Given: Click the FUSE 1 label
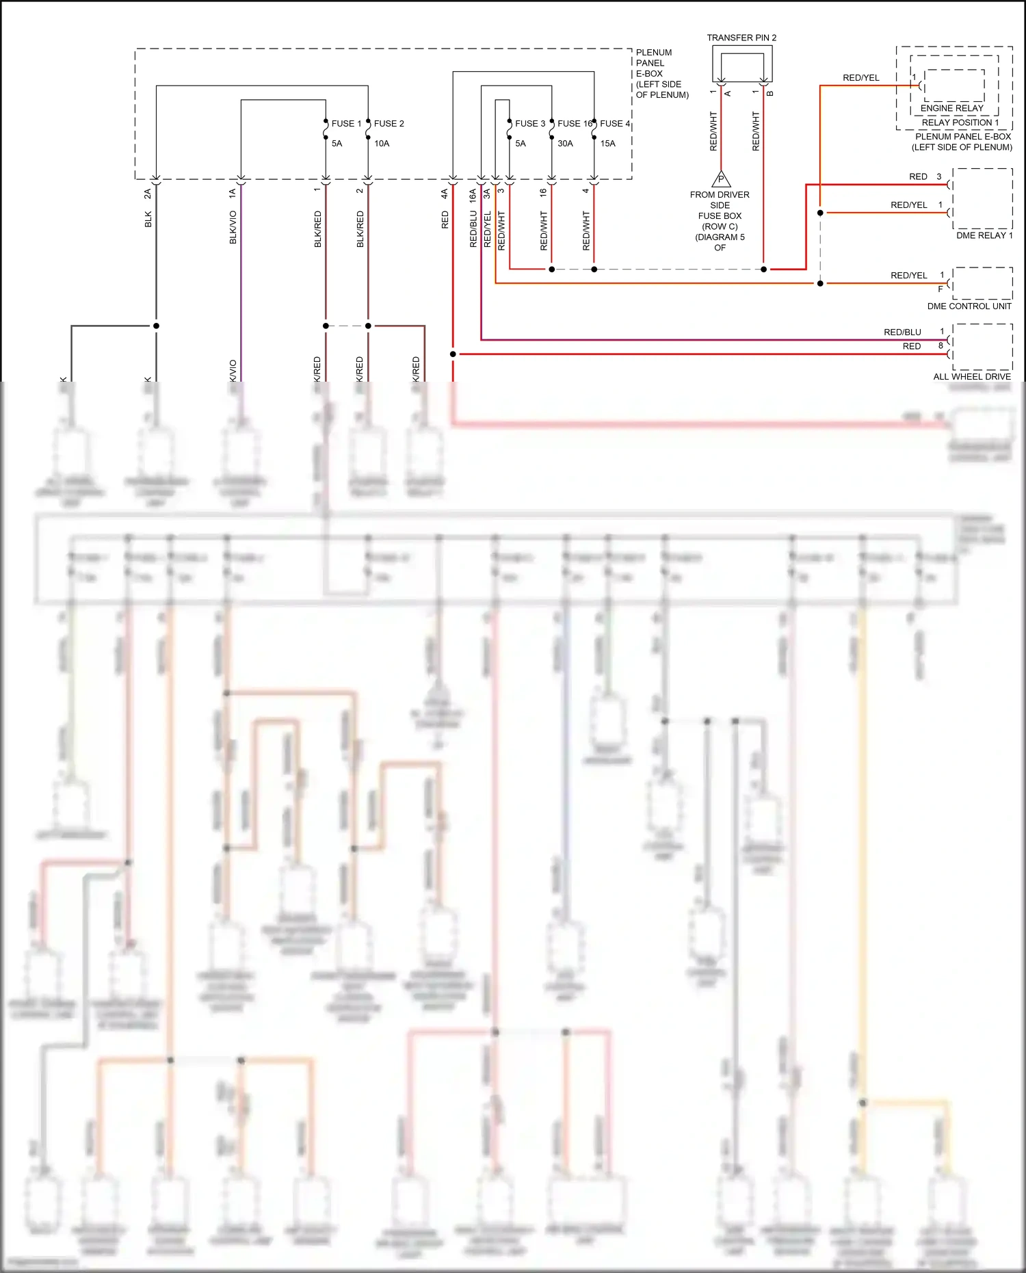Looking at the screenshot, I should point(346,124).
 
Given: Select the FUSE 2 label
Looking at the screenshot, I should point(389,124).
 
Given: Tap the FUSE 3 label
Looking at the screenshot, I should point(529,124).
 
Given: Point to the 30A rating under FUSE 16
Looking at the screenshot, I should point(565,144).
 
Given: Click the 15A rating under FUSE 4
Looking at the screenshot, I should point(607,144).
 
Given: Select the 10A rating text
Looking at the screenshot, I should point(382,144).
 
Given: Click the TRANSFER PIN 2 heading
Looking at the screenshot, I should point(741,38).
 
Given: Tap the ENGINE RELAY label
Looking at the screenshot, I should point(951,108).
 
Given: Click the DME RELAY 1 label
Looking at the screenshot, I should point(984,235).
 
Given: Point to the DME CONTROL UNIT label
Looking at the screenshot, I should point(969,306).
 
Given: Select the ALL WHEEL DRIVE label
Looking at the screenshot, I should point(971,377).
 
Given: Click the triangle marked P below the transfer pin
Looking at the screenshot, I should point(721,179).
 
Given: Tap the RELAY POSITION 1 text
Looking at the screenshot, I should point(960,122).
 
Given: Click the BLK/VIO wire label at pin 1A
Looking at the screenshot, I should point(233,227).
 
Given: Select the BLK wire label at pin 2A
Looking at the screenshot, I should point(148,220).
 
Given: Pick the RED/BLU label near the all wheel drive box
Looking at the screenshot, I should point(902,332).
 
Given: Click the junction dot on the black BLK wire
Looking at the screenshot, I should point(156,326).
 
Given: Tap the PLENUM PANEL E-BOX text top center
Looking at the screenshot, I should point(661,73).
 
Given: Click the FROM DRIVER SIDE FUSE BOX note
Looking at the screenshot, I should point(720,221).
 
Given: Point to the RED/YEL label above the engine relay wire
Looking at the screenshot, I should point(860,78).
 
